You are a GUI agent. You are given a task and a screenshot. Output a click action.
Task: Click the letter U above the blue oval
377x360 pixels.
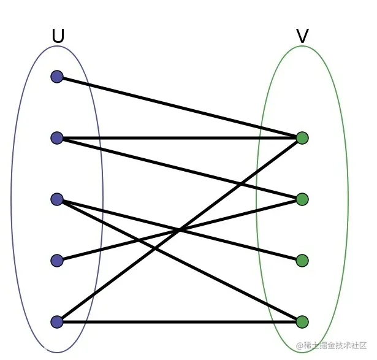pos(58,36)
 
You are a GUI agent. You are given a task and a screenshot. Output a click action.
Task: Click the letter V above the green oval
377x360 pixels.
pos(302,36)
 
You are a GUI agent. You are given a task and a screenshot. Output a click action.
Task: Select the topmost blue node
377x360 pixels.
pos(57,77)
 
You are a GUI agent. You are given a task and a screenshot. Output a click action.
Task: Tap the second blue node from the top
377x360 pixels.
pos(57,138)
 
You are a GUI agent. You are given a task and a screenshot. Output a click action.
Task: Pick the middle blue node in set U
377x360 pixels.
pos(57,199)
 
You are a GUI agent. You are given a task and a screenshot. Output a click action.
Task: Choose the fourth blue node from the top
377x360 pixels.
pos(57,261)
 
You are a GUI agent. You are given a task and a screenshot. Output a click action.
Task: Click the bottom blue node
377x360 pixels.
pos(57,322)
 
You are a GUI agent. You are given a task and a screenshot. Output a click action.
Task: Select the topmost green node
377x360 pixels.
pos(302,138)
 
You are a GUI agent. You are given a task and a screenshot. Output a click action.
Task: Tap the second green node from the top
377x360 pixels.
pos(302,199)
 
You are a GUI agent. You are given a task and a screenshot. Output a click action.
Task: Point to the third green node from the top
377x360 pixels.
pos(302,261)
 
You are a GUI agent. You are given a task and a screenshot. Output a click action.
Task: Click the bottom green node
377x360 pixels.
pos(302,322)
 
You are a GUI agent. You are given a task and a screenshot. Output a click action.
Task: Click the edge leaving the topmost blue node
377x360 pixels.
pos(180,107)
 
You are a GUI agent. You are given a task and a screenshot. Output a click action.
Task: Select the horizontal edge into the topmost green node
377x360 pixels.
pos(180,138)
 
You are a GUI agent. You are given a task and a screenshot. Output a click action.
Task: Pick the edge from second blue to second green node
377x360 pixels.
pos(180,169)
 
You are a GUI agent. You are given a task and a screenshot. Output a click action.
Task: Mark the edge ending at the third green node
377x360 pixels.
pos(180,229)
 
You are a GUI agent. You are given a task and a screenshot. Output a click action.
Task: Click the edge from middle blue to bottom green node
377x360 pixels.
pos(180,261)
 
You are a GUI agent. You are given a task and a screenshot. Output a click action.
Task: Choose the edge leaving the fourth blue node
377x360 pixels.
pos(180,229)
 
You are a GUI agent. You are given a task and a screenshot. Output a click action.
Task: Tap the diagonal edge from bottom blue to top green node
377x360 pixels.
pos(180,230)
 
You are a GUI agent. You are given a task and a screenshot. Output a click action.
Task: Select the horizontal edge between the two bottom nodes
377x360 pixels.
pos(180,322)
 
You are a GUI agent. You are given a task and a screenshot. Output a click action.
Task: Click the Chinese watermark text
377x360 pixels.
pos(331,345)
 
